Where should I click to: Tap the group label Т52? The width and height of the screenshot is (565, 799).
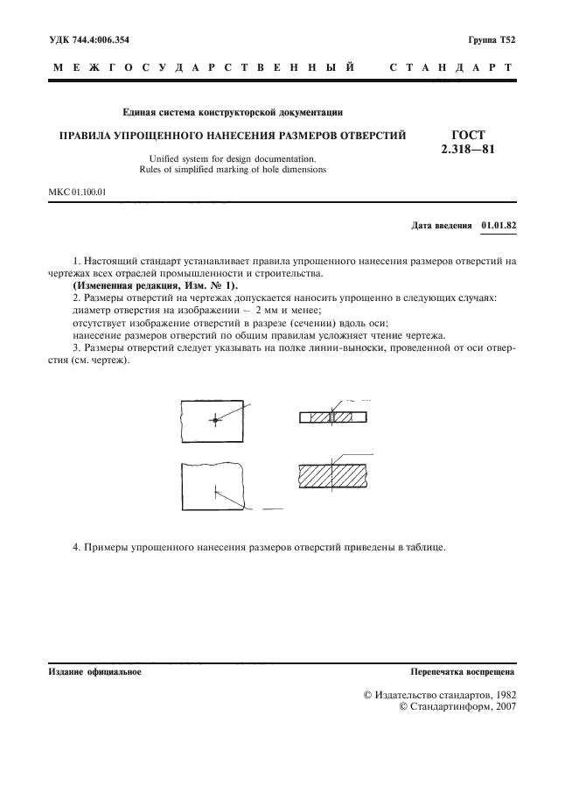509,40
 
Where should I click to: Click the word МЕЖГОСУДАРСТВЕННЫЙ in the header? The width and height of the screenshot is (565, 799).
203,67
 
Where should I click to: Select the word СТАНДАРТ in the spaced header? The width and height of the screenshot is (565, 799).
450,67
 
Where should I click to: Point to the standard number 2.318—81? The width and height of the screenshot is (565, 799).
468,149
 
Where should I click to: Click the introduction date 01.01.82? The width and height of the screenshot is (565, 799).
499,225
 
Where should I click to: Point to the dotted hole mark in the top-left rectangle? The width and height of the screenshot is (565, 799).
214,421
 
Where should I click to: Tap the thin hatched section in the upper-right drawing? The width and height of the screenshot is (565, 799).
333,418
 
